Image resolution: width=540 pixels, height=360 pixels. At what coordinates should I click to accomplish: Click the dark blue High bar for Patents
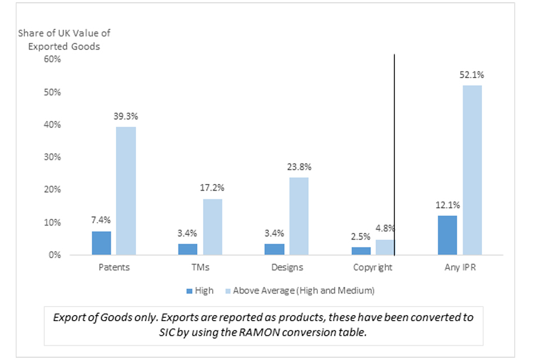[x=101, y=243]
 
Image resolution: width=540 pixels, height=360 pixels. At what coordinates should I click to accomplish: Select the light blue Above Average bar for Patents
[x=126, y=191]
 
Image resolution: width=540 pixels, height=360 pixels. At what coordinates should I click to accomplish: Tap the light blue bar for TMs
[x=213, y=227]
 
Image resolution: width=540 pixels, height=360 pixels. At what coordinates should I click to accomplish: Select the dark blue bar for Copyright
[x=361, y=251]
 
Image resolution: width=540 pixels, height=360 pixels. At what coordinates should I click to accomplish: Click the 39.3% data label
[x=127, y=116]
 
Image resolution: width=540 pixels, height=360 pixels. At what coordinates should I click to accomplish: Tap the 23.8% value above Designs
[x=299, y=167]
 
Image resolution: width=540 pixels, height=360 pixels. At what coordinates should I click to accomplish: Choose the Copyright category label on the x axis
[x=373, y=268]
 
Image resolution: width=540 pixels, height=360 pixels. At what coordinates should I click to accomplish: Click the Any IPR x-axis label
[x=460, y=268]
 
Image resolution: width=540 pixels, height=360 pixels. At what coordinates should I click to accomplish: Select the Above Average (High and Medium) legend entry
[x=303, y=291]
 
